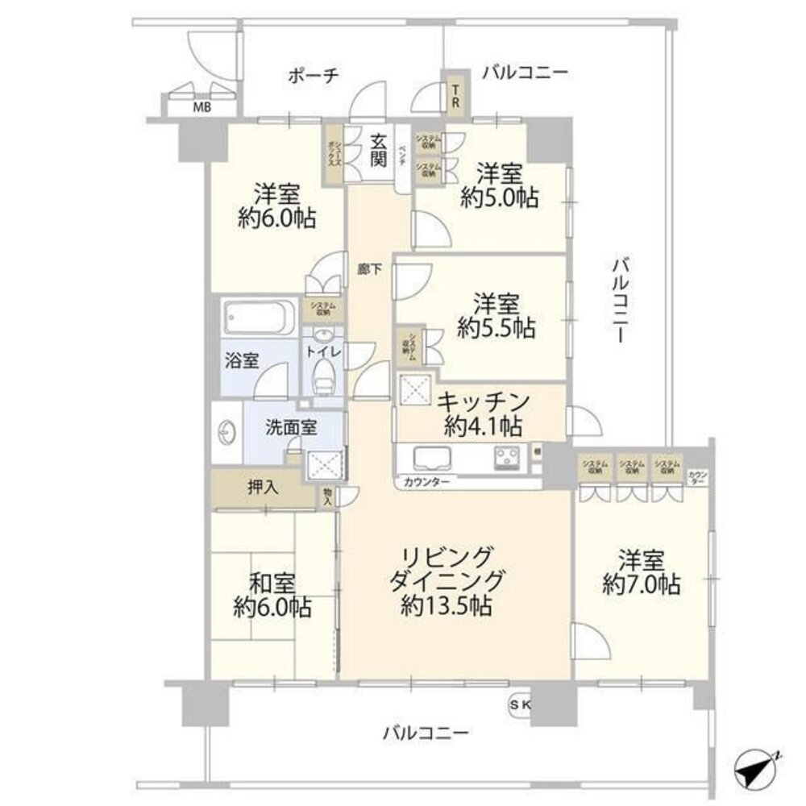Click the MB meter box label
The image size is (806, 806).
pyautogui.click(x=201, y=106)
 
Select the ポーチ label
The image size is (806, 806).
pyautogui.click(x=313, y=75)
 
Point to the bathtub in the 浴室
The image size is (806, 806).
pyautogui.click(x=259, y=318)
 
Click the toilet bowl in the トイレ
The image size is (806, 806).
pyautogui.click(x=325, y=373)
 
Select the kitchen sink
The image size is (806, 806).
pyautogui.click(x=435, y=459)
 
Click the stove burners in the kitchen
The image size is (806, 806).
pyautogui.click(x=508, y=458)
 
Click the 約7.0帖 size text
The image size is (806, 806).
pyautogui.click(x=642, y=584)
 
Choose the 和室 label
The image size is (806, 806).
pyautogui.click(x=271, y=582)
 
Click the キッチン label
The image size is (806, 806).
pyautogui.click(x=484, y=401)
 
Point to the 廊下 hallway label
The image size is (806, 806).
pyautogui.click(x=369, y=272)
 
